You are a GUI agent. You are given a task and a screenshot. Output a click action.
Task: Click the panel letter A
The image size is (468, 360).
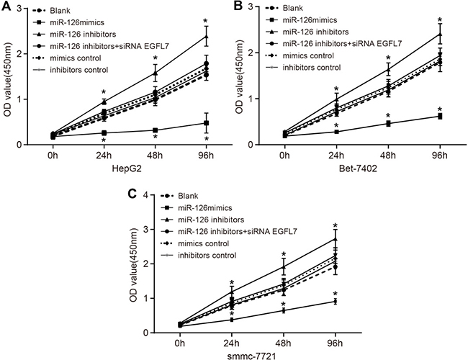(x=6, y=6)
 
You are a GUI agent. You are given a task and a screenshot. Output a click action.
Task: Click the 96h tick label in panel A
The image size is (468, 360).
(x=207, y=156)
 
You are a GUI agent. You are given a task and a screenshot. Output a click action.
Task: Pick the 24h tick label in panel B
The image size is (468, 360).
(x=336, y=156)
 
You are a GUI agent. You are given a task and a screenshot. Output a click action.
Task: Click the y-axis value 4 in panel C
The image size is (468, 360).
(x=147, y=195)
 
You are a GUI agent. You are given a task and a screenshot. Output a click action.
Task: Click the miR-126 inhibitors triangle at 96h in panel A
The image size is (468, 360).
(x=207, y=36)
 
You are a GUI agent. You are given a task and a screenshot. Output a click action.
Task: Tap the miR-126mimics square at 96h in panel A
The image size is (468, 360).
(x=207, y=123)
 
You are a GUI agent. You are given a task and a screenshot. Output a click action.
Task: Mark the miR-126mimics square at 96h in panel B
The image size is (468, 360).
(x=440, y=116)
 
